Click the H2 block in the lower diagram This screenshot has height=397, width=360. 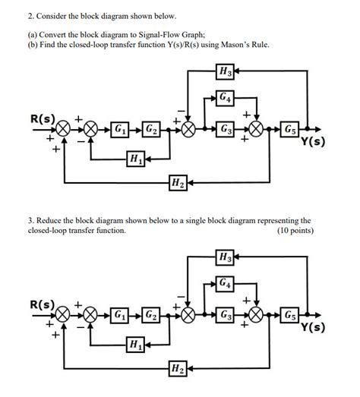click(176, 368)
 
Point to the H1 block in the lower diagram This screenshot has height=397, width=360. click(134, 345)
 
